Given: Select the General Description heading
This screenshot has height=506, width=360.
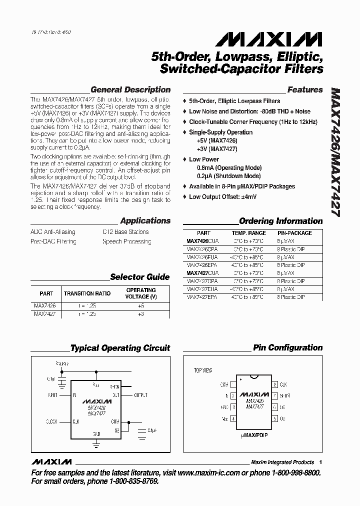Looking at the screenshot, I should [130, 90].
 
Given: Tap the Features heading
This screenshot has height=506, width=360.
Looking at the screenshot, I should [305, 90].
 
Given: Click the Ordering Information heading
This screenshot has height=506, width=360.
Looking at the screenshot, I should [281, 221].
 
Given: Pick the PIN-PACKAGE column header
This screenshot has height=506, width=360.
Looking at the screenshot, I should [294, 233].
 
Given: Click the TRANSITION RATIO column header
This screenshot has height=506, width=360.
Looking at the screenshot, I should [87, 293].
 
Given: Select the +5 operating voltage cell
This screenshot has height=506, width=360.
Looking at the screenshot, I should [141, 304].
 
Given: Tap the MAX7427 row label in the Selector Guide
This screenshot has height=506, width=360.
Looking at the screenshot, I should [44, 314].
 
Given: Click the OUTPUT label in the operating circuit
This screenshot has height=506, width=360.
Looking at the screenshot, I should [142, 395].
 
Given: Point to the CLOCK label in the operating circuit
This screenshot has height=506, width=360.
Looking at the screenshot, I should [52, 421].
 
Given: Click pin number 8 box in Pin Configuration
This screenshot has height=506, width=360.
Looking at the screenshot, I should [274, 384].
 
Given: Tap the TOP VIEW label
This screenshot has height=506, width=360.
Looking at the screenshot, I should [203, 370].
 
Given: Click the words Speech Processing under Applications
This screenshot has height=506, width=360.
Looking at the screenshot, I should [126, 241].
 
